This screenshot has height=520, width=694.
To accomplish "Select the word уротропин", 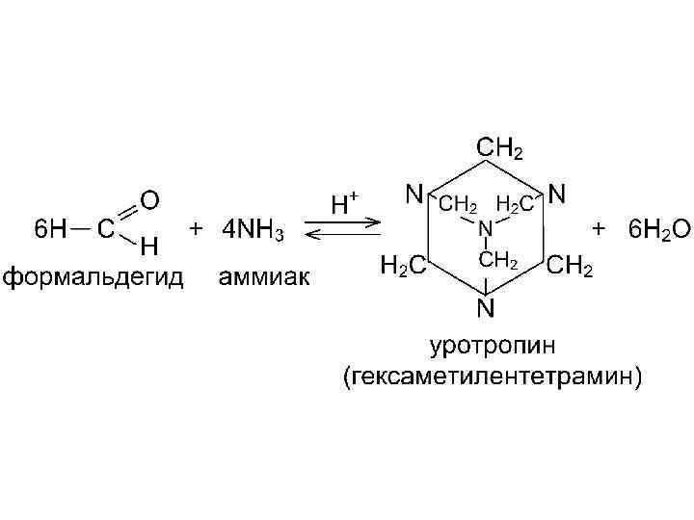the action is pos(486,344).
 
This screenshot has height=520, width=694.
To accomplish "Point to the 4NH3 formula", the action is pos(254,231).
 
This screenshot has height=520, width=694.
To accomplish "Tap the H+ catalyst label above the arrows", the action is pos(344,203).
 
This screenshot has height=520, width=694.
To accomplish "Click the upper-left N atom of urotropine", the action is pos(414,195).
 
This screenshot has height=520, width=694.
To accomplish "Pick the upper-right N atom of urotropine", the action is pos(557,195).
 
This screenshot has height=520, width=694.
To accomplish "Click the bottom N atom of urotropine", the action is pos(486,308).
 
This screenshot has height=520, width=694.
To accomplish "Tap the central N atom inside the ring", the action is pos(486,228).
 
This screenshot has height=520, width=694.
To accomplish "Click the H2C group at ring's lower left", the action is pos(400,267).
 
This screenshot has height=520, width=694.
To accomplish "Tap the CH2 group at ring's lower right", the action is pos(571,267).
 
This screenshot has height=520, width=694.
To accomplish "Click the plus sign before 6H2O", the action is pos(600,230).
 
